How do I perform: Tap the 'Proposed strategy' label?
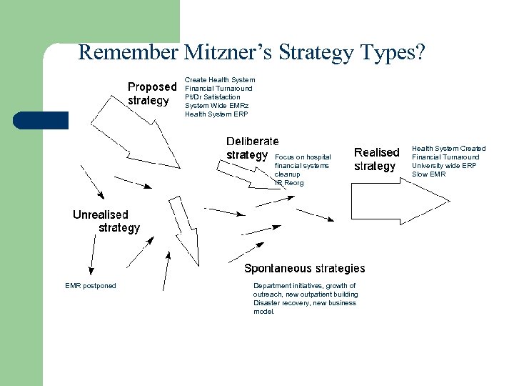pyautogui.click(x=151, y=94)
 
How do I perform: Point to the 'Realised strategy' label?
pyautogui.click(x=376, y=159)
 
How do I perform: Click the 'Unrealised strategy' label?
pyautogui.click(x=106, y=221)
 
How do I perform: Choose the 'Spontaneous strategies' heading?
pyautogui.click(x=304, y=268)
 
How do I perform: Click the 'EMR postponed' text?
pyautogui.click(x=90, y=286)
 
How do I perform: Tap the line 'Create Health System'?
pyautogui.click(x=219, y=79)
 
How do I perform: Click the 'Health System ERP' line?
pyautogui.click(x=216, y=114)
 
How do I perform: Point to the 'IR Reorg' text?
pyautogui.click(x=289, y=183)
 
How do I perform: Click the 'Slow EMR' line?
pyautogui.click(x=428, y=174)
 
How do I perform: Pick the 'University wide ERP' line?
pyautogui.click(x=443, y=165)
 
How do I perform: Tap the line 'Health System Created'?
pyautogui.click(x=448, y=148)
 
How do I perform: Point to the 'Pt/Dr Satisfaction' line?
pyautogui.click(x=212, y=96)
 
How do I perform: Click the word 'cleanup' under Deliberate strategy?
pyautogui.click(x=287, y=174)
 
